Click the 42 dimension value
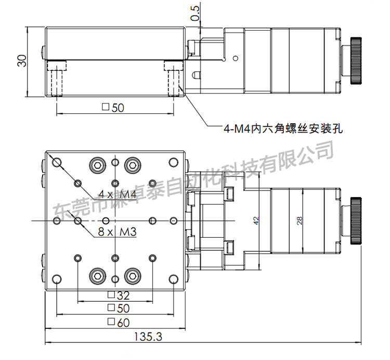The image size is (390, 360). (x=256, y=221)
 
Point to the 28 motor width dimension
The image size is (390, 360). (x=299, y=221)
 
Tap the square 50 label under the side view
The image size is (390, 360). (x=114, y=108)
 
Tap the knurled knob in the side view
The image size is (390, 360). (x=357, y=60)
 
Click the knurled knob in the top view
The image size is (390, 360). (x=357, y=221)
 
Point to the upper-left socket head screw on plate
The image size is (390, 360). (x=97, y=166)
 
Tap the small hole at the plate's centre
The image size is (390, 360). (x=114, y=221)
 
